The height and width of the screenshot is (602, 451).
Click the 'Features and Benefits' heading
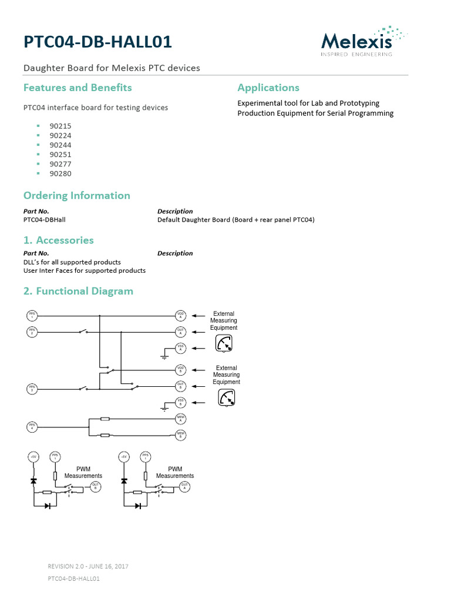(78, 88)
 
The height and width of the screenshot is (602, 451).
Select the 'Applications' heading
(268, 88)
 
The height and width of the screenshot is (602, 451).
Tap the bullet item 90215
(60, 126)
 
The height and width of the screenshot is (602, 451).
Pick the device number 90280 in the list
(60, 173)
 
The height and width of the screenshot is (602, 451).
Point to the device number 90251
(60, 155)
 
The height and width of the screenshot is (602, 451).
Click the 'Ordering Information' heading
(76, 196)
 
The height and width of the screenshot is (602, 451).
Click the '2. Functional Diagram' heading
(78, 291)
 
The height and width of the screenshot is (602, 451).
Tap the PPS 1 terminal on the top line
(32, 315)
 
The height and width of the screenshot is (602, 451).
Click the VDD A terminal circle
(181, 315)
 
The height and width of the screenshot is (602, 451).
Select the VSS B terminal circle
(181, 403)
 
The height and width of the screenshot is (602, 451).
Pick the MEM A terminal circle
(181, 419)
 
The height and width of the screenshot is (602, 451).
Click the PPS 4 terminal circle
(32, 426)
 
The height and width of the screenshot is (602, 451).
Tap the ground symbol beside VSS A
(164, 355)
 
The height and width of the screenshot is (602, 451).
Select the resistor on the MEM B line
(105, 436)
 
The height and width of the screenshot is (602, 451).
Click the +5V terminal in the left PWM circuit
(33, 457)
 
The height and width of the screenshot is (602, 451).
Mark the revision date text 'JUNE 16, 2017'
(109, 566)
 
